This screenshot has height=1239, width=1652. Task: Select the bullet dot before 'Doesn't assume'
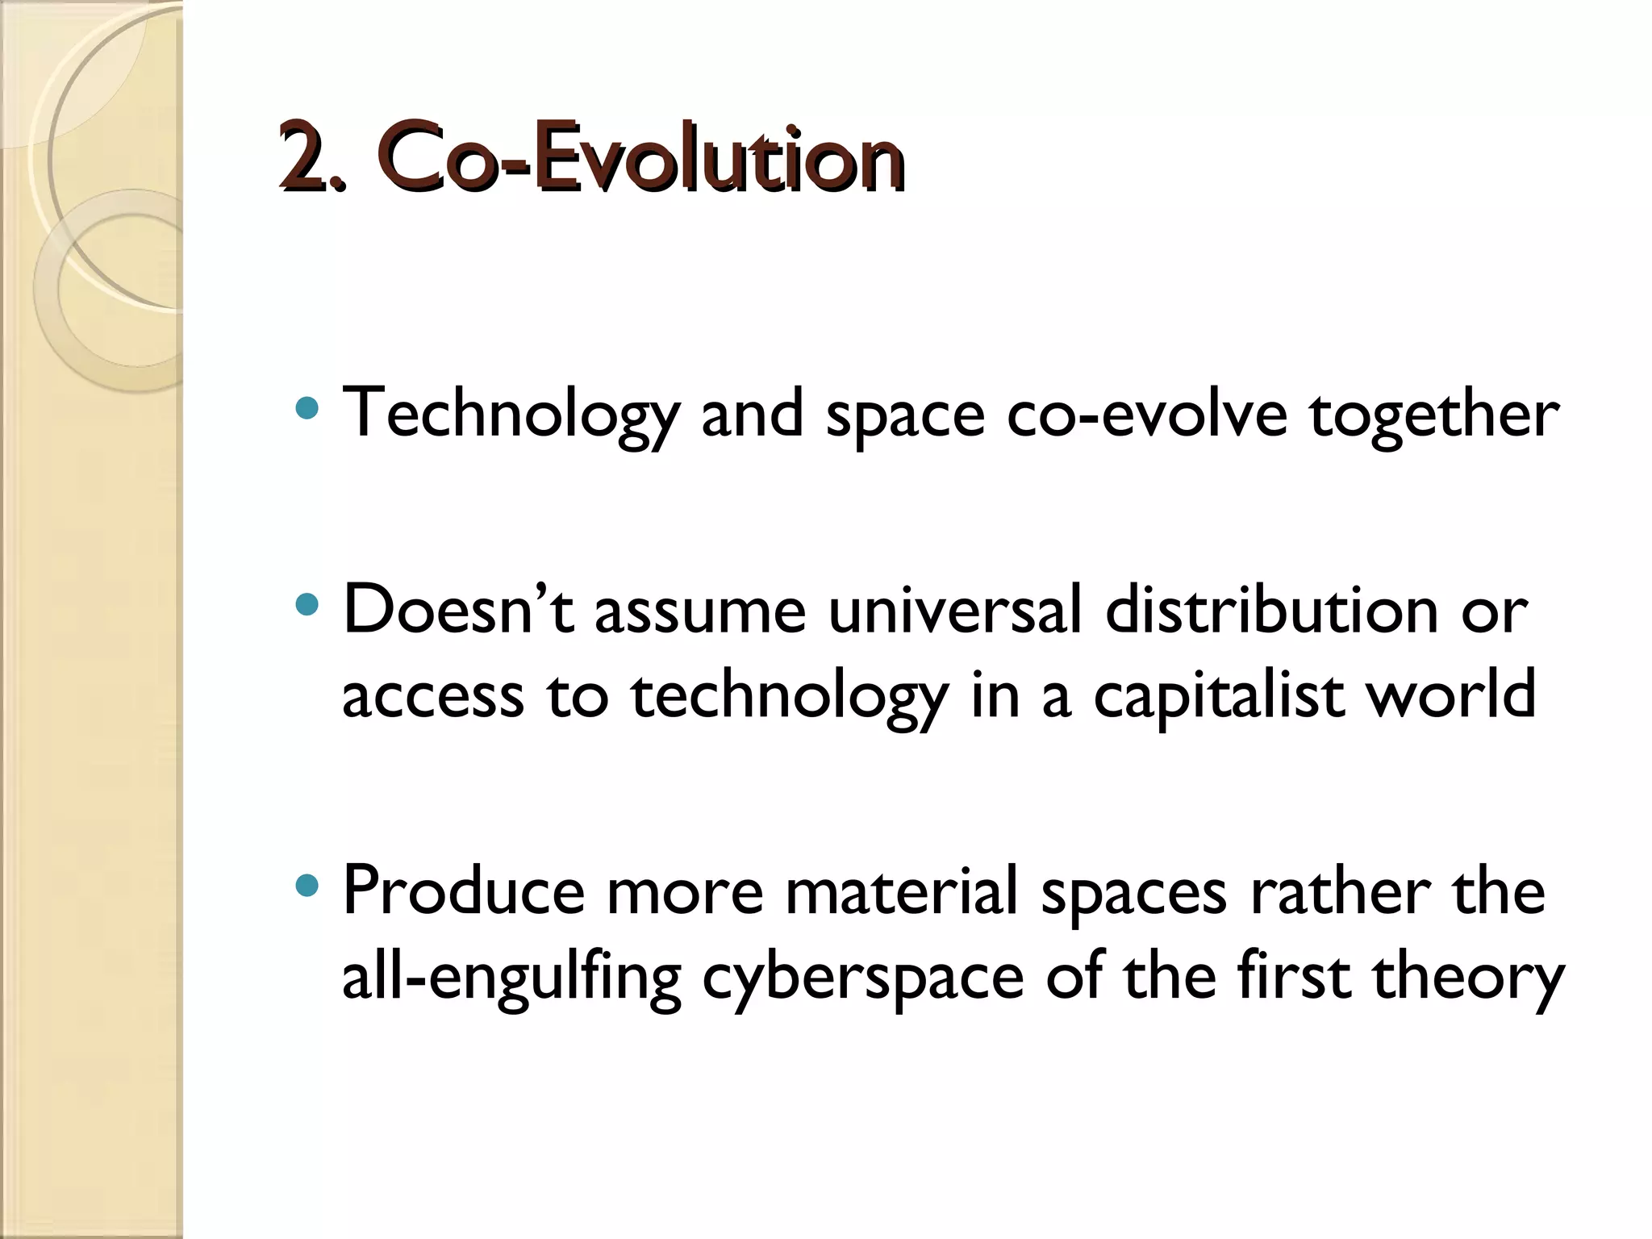point(308,603)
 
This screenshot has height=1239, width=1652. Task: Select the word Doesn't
point(458,611)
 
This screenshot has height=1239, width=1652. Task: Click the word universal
point(954,611)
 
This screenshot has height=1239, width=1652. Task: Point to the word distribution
point(1271,611)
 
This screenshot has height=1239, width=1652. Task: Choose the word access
point(432,695)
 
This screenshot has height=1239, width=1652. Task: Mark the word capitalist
point(1219,695)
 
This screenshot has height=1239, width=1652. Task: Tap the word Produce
point(463,892)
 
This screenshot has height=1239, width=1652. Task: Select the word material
point(901,892)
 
